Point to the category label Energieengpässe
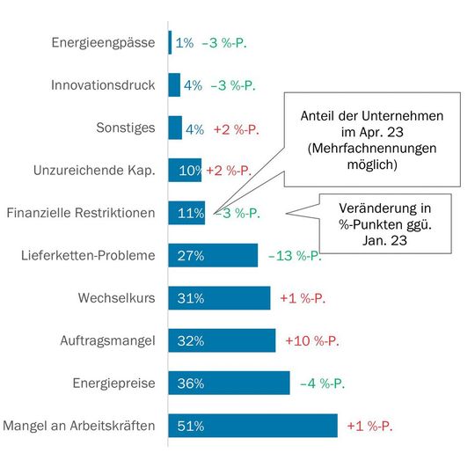[x=104, y=42]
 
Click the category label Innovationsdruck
[x=103, y=85]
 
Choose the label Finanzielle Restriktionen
[x=81, y=213]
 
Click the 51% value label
[x=191, y=427]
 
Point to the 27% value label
[x=191, y=256]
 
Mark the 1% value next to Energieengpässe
[x=185, y=42]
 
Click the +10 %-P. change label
[x=312, y=341]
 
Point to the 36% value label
[x=191, y=383]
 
